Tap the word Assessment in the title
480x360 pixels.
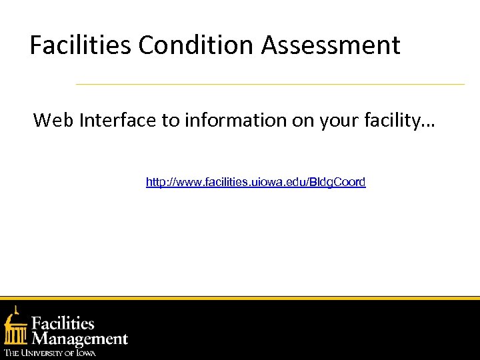point(331,45)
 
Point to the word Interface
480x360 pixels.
point(117,120)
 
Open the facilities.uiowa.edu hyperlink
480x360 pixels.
point(255,182)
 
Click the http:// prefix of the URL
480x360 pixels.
point(161,182)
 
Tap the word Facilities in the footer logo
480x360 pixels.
point(64,324)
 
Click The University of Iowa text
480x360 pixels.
point(50,353)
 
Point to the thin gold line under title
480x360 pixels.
point(270,85)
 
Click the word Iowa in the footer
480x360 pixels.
point(85,353)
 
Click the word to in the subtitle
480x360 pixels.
point(170,120)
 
